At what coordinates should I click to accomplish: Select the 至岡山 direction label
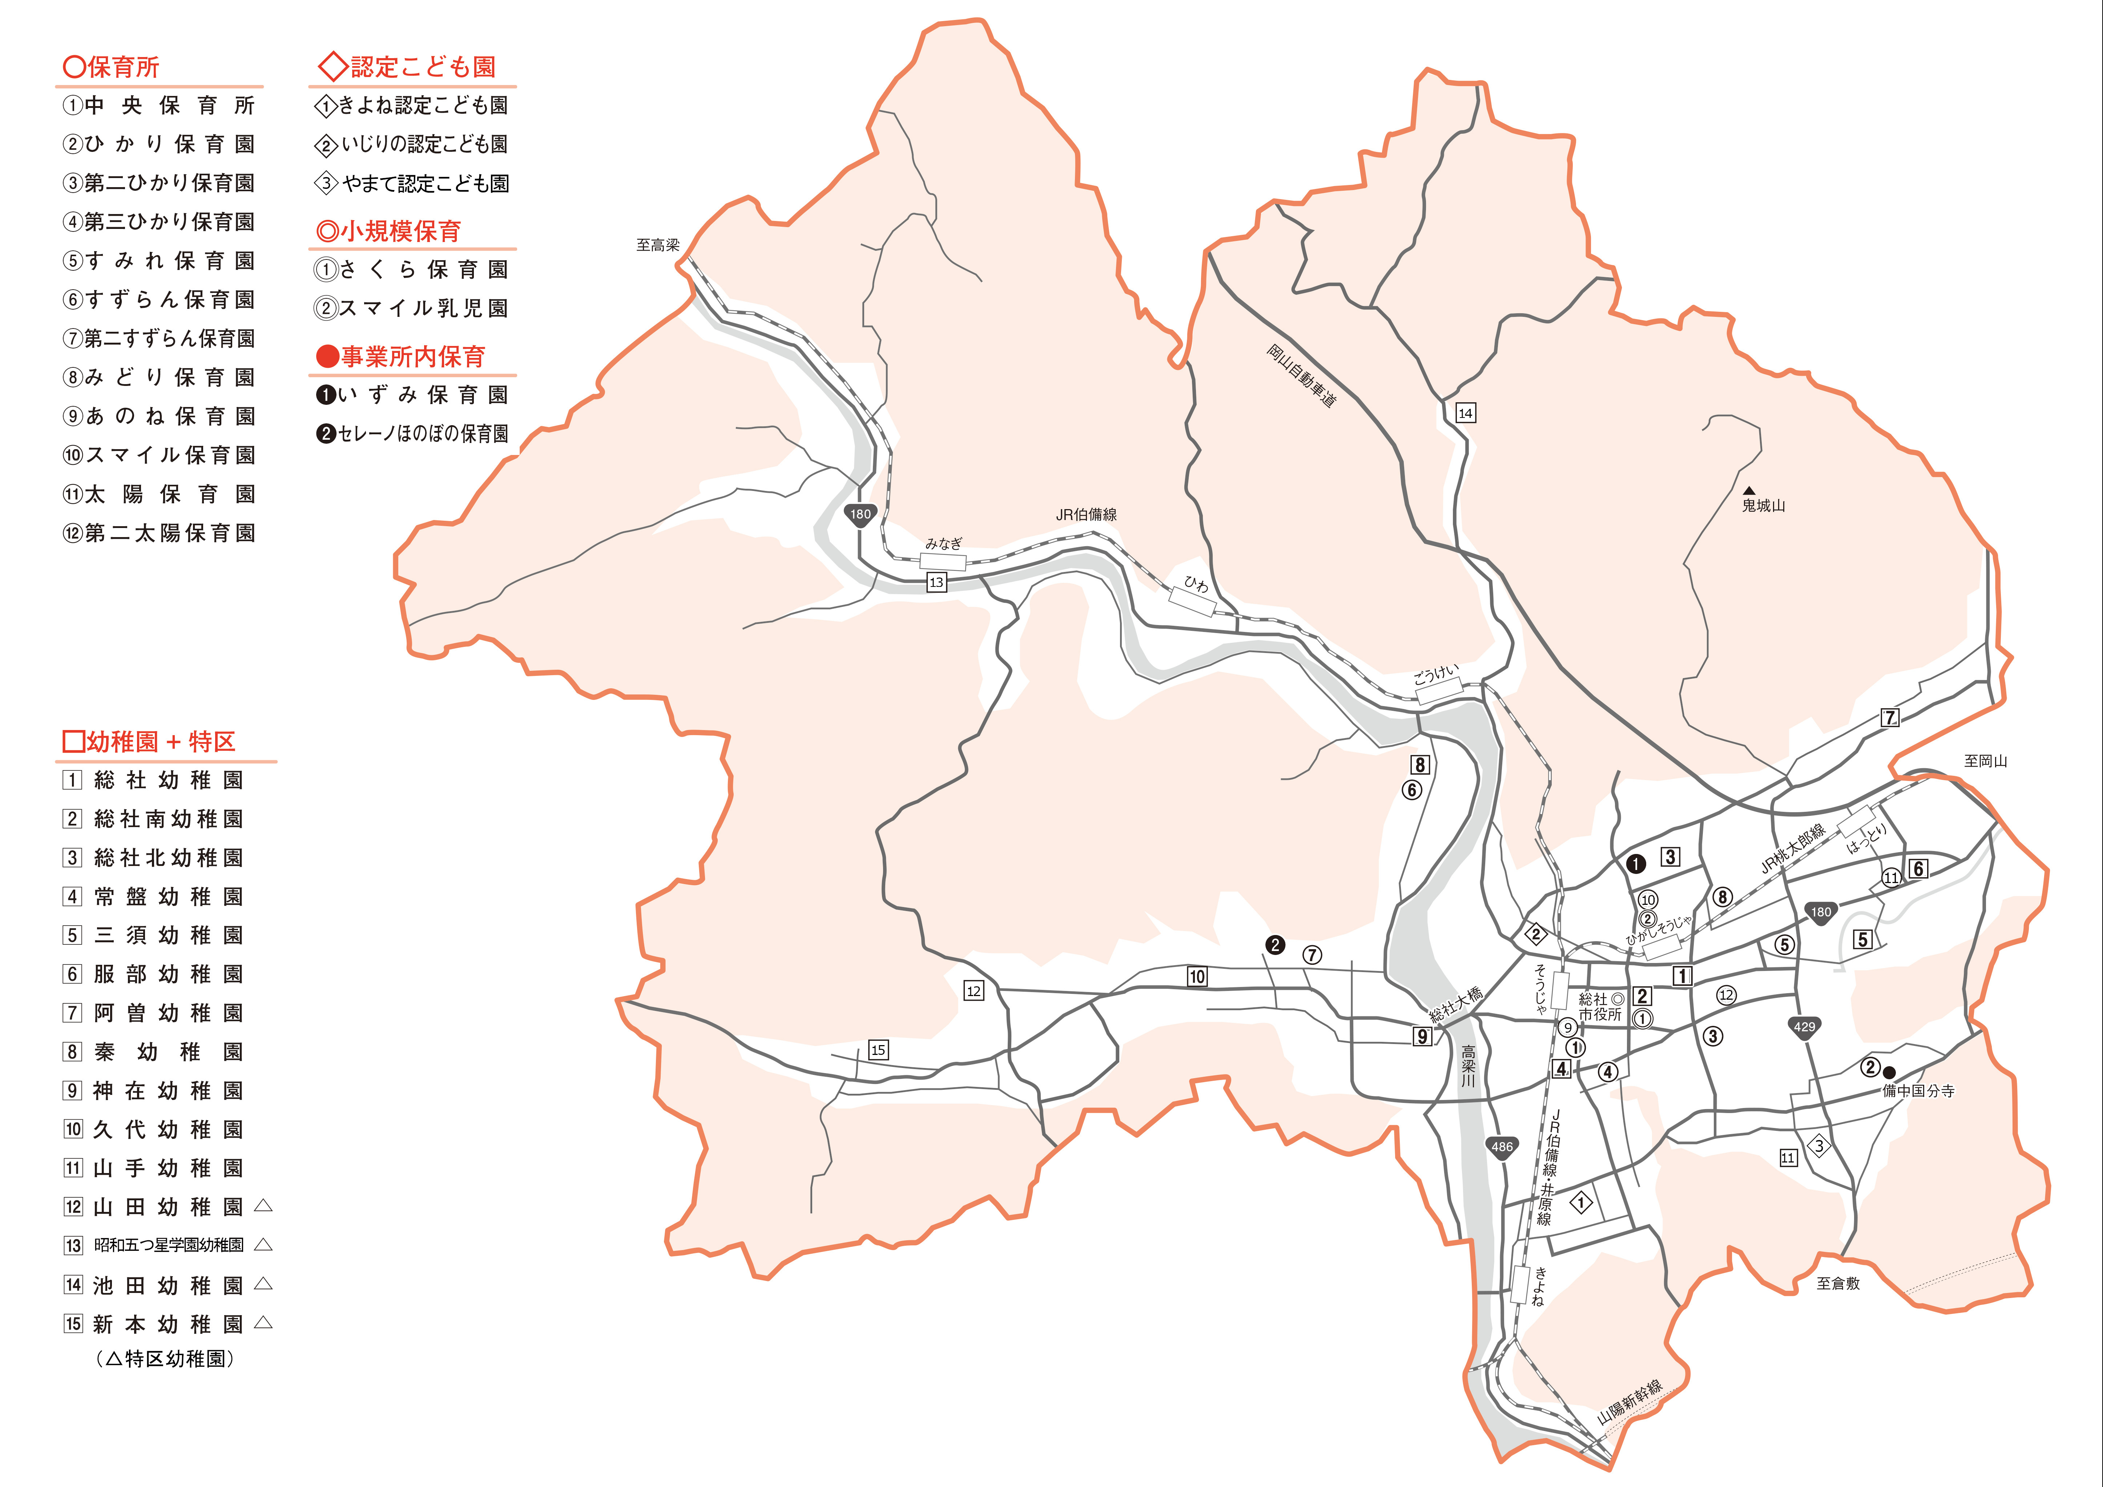click(1985, 761)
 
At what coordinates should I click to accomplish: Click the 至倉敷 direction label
click(1838, 1284)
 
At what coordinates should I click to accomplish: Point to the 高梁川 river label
click(1468, 1067)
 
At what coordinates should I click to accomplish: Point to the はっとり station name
click(1866, 839)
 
